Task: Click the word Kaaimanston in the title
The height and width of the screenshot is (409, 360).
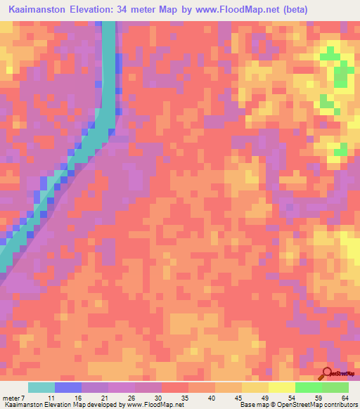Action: click(39, 9)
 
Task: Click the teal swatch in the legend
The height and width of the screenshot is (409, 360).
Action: click(41, 387)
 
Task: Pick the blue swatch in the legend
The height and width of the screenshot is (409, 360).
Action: click(68, 387)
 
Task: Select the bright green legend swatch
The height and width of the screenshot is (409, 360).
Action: click(308, 387)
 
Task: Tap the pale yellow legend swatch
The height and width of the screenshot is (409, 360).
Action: click(281, 387)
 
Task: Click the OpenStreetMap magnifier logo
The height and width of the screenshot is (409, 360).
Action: click(327, 373)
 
